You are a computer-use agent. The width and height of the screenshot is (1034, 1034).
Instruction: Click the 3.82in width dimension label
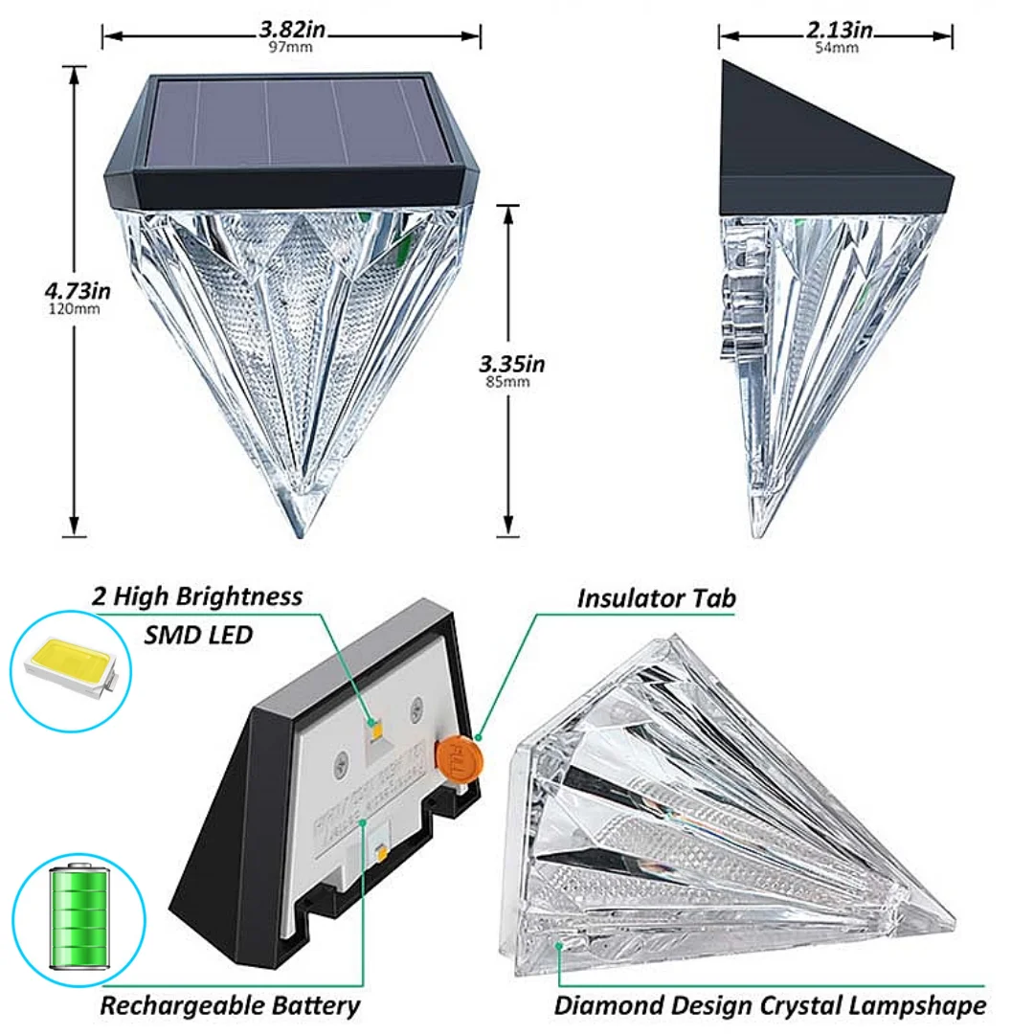(292, 30)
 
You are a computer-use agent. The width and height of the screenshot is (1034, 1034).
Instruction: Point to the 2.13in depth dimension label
(839, 30)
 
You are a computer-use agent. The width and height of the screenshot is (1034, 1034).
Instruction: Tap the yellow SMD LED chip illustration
(68, 664)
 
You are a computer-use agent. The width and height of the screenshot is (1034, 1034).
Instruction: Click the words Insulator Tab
(656, 599)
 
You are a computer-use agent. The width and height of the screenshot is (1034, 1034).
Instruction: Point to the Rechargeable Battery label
(231, 1005)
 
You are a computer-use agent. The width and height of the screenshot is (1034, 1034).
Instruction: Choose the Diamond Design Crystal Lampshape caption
(770, 1005)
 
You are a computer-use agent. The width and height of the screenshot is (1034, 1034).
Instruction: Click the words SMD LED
(199, 634)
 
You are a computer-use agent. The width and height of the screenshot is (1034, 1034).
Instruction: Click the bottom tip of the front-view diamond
(293, 529)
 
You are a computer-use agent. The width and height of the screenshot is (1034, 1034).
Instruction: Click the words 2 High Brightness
(197, 596)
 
